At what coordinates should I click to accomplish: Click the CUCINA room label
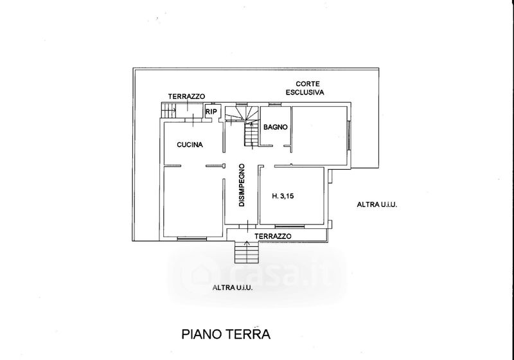click(x=190, y=145)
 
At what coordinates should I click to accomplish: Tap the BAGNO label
click(x=274, y=127)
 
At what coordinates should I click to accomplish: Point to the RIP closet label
click(x=211, y=112)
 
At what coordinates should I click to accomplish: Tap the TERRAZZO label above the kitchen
click(x=186, y=96)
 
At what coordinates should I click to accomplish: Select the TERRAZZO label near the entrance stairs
click(x=273, y=237)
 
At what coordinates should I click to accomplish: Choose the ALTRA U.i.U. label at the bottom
click(x=232, y=287)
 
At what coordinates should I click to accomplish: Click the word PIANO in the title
click(x=199, y=335)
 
